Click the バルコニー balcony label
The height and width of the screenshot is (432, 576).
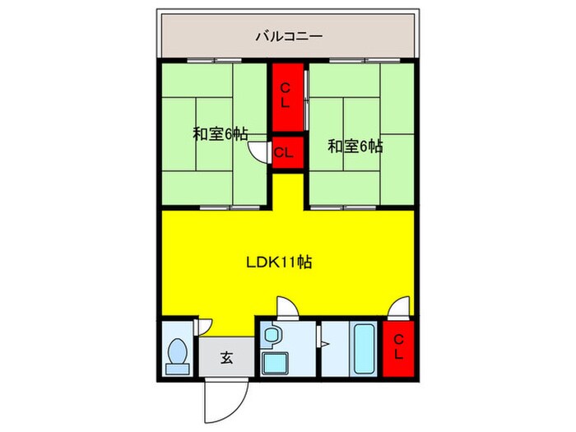point(288,36)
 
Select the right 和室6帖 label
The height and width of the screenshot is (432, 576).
point(355,146)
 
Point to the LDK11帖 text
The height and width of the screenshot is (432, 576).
point(279,263)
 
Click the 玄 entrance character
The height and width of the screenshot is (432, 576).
point(225,358)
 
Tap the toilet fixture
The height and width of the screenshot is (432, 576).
point(177,355)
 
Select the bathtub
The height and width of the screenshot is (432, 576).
point(364,349)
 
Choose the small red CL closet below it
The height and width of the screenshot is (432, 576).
point(285,152)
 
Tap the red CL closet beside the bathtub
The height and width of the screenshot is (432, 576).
point(397,347)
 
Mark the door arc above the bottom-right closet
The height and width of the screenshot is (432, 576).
point(398,309)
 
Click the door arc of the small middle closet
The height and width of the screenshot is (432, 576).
point(262,154)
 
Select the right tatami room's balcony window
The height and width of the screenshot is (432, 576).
point(355,62)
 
